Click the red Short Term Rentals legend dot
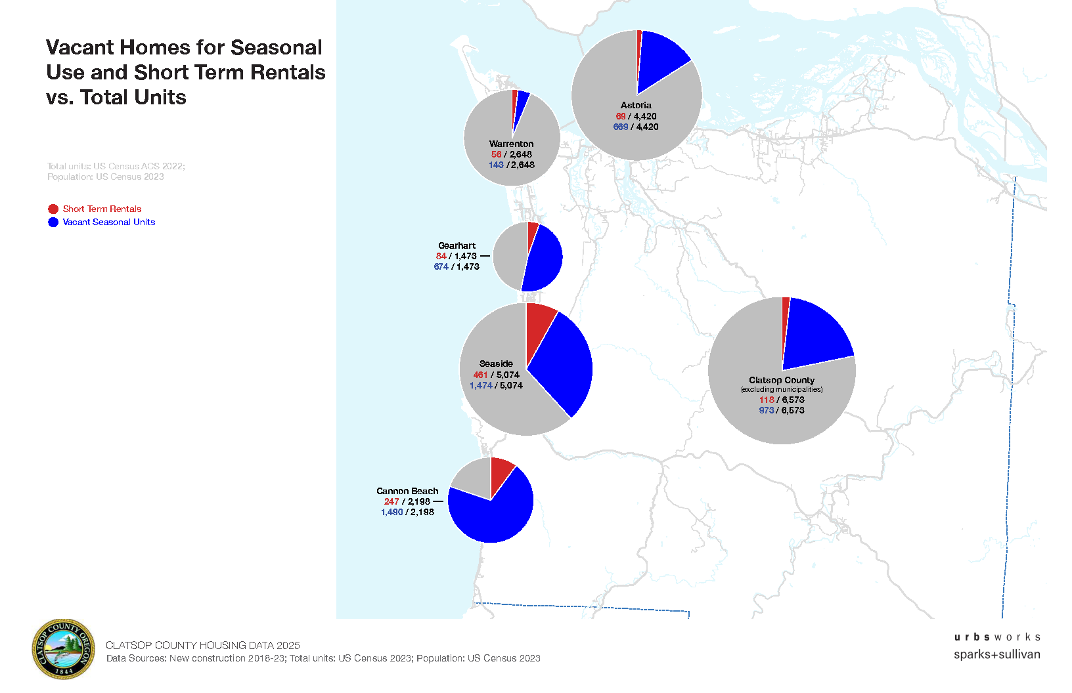53,209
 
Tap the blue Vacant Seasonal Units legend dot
53,222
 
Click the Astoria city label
636,105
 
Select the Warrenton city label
511,144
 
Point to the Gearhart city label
457,245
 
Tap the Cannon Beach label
407,491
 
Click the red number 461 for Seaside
480,375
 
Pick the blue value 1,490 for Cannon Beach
391,512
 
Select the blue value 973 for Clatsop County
766,410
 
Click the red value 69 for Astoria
620,116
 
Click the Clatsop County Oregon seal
63,649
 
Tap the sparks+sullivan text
996,654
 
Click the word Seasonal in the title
276,47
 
